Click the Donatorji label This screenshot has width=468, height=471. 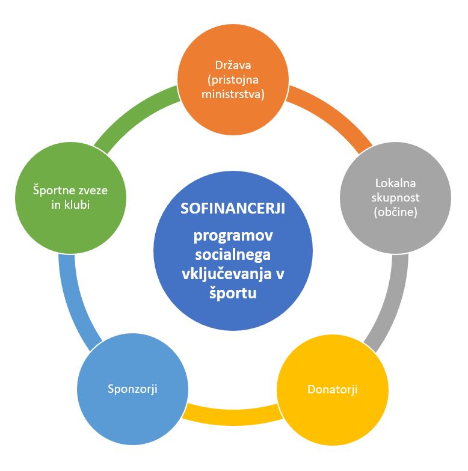coord(332,389)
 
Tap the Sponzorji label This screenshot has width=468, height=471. coord(132,388)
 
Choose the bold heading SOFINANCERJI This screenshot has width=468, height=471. coord(233,209)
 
